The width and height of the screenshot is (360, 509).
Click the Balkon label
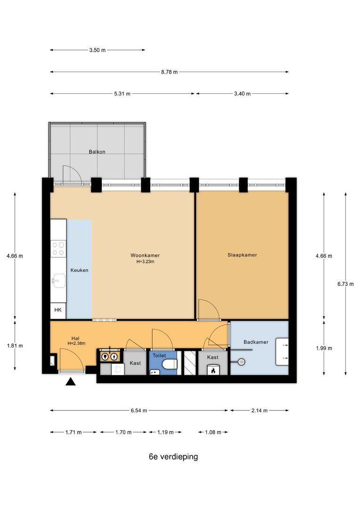point(97,152)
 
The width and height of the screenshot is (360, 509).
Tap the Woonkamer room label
point(145,255)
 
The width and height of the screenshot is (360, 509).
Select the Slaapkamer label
point(242,255)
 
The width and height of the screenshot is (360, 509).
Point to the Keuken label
point(79,270)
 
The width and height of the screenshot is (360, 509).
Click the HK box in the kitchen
point(58,310)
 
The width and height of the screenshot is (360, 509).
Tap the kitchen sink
point(59,280)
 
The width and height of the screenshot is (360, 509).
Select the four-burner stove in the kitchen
point(58,248)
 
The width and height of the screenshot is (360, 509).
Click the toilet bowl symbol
point(170,364)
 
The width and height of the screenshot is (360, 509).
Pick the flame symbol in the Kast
point(213,370)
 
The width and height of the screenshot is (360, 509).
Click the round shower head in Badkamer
point(241,361)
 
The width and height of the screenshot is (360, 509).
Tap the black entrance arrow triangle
point(70,382)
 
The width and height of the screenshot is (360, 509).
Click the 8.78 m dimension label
point(170,72)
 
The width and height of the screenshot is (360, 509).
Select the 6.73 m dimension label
point(345,284)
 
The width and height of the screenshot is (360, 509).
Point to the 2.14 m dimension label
point(259,410)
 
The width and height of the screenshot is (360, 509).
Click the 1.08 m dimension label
point(213,432)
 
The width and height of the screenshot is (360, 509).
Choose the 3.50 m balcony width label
point(98,50)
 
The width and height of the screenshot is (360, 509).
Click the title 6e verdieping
point(173,457)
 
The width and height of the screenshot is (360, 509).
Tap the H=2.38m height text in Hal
point(77,344)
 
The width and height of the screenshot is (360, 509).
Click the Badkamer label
point(256,342)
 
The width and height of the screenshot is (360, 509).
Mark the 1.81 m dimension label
point(15,346)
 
